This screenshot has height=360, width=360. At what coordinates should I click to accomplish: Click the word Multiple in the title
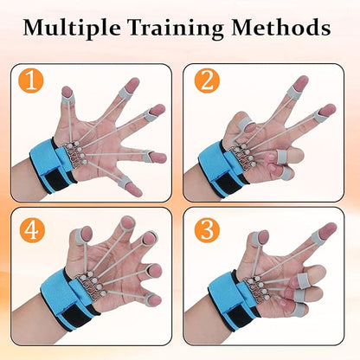point(74,29)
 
